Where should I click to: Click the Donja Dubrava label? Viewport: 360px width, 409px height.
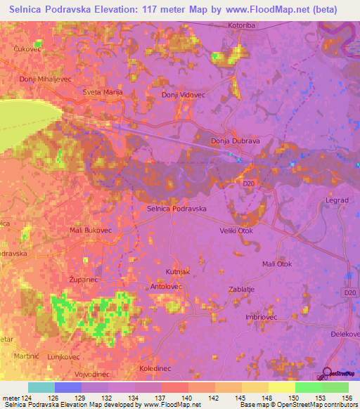click(236, 141)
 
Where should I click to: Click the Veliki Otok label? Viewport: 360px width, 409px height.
click(236, 230)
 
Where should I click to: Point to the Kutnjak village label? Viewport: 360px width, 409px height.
click(178, 271)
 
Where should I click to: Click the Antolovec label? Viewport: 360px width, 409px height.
click(167, 287)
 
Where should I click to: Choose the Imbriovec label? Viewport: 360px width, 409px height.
click(262, 318)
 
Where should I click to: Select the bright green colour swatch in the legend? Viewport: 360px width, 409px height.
click(308, 387)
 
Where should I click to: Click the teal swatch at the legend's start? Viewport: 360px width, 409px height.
click(41, 387)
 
